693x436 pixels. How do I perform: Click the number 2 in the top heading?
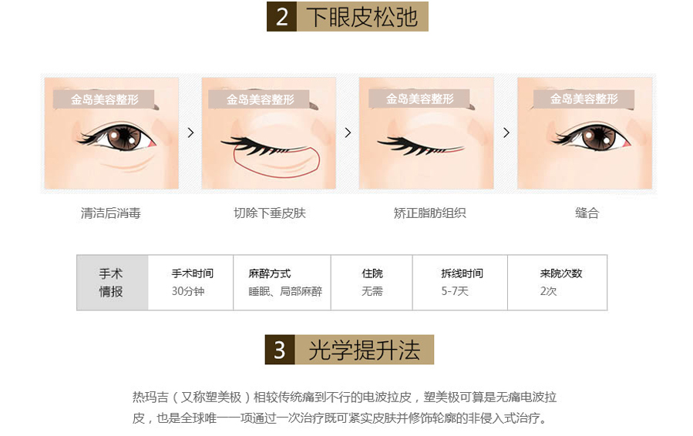click(x=282, y=17)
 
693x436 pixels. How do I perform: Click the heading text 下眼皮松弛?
click(x=362, y=17)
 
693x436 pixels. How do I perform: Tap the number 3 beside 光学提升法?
click(x=279, y=350)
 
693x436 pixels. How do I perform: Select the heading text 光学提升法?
click(x=364, y=350)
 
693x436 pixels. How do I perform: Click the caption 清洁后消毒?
click(x=111, y=213)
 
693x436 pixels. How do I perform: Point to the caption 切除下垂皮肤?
click(x=270, y=213)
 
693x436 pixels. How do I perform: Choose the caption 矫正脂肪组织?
click(x=429, y=213)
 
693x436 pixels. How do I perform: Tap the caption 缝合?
click(x=587, y=213)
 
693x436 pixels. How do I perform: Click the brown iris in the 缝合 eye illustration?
click(x=599, y=136)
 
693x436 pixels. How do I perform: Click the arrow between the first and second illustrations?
click(x=191, y=132)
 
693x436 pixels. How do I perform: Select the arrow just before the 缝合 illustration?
click(x=506, y=132)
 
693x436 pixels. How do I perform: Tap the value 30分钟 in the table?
click(x=188, y=291)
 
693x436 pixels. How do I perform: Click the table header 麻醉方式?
click(x=270, y=273)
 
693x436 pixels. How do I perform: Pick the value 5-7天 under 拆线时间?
click(x=454, y=291)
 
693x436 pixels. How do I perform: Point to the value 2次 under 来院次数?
click(x=548, y=291)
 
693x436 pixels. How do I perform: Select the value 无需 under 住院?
click(x=372, y=291)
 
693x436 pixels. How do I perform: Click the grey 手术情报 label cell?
click(x=113, y=283)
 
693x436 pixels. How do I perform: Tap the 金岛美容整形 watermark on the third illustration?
click(x=419, y=99)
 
